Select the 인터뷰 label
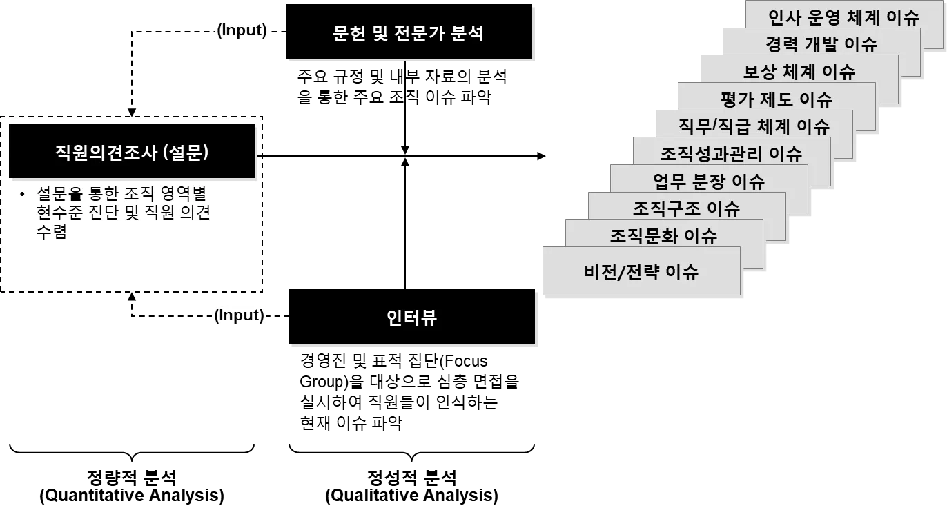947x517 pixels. click(411, 318)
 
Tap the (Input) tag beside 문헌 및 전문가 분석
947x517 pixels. click(241, 30)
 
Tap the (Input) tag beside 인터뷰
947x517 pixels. click(239, 315)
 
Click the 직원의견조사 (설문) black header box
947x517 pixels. click(132, 152)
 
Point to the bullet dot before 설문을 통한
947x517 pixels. click(23, 194)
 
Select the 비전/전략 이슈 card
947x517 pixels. click(641, 271)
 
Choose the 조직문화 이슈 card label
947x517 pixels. click(663, 236)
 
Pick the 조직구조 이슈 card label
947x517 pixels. click(686, 208)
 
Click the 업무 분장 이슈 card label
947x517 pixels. click(709, 181)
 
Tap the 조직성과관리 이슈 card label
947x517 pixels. click(731, 153)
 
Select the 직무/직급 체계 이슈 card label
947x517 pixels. click(754, 126)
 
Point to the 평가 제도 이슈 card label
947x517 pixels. click(776, 99)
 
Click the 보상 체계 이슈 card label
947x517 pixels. click(799, 71)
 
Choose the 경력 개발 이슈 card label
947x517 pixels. click(821, 44)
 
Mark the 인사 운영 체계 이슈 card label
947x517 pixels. click(843, 16)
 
